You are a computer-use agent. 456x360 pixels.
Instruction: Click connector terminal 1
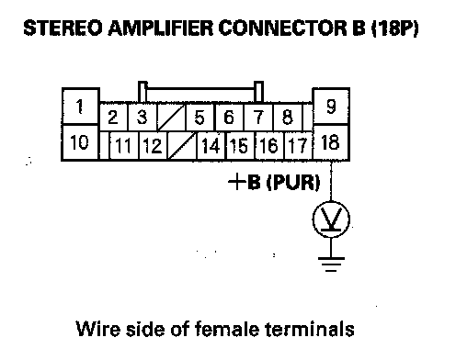[80, 107]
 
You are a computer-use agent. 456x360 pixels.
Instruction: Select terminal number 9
[331, 107]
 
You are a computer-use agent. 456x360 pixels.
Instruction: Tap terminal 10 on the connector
[80, 142]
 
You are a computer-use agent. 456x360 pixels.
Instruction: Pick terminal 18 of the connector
[331, 142]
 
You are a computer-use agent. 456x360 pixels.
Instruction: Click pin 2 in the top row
[113, 117]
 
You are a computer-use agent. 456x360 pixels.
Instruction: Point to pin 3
[142, 117]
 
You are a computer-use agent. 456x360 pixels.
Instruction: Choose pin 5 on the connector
[199, 117]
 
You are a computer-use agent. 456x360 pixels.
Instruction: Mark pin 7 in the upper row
[258, 117]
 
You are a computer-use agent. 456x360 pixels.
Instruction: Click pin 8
[287, 117]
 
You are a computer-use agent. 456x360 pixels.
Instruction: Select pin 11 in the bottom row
[123, 145]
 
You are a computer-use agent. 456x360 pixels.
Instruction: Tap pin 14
[211, 145]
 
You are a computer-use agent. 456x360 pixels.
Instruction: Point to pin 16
[269, 145]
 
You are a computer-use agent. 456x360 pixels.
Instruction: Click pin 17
[298, 145]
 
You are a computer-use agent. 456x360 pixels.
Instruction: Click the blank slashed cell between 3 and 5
[171, 117]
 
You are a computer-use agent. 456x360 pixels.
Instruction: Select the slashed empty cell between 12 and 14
[182, 145]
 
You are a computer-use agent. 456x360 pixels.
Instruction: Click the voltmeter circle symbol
[331, 219]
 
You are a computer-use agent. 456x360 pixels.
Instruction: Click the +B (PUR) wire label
[274, 182]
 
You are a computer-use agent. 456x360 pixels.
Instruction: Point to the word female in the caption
[227, 329]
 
